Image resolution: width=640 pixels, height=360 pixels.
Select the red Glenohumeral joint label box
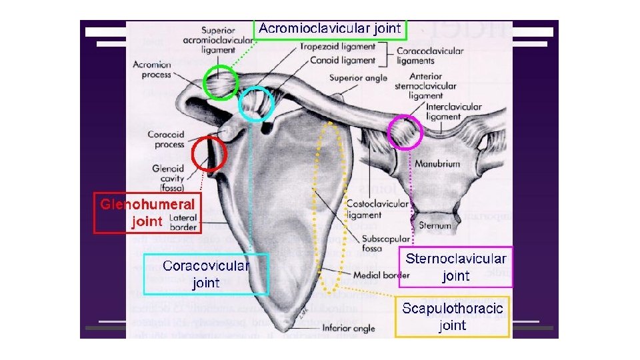(x=147, y=213)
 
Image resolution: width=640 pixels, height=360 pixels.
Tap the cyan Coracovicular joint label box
(x=206, y=274)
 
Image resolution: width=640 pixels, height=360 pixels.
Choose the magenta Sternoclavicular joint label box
(x=455, y=267)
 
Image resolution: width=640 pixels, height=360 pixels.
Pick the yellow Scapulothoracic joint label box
(x=452, y=317)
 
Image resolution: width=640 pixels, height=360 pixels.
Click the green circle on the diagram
(x=220, y=83)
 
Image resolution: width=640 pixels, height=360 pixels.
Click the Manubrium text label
(x=437, y=163)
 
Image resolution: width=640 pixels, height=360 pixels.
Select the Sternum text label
(x=435, y=226)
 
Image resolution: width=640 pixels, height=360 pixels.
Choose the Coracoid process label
(x=166, y=139)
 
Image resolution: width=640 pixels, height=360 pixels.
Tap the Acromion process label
(x=152, y=69)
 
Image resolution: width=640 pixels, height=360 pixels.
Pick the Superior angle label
(x=358, y=78)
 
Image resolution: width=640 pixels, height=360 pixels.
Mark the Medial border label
(x=382, y=275)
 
